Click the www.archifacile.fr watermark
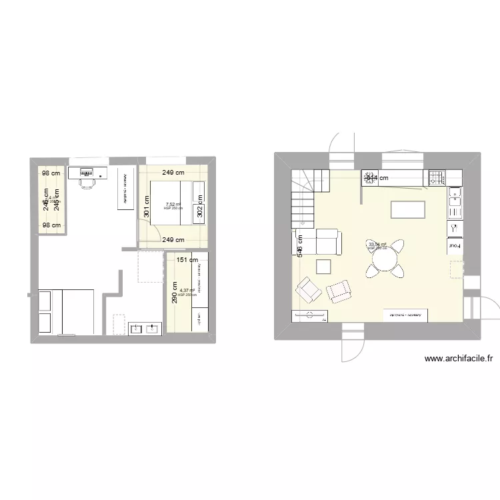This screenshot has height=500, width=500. pos(459,358)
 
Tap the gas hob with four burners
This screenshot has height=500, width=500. pos(437,178)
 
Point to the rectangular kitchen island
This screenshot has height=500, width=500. pos(407,209)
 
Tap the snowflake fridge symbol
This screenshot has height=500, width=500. pos(455,228)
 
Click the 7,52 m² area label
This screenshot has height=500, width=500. pos(173,205)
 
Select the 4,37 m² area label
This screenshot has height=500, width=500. pos(187,291)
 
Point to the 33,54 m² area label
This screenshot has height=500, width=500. pos(377,245)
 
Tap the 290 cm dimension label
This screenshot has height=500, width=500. pos(175,293)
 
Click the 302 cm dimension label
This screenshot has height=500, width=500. pos(200,211)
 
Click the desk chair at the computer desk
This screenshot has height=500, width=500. pos(87,181)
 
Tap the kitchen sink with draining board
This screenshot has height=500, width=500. pos(455,203)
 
